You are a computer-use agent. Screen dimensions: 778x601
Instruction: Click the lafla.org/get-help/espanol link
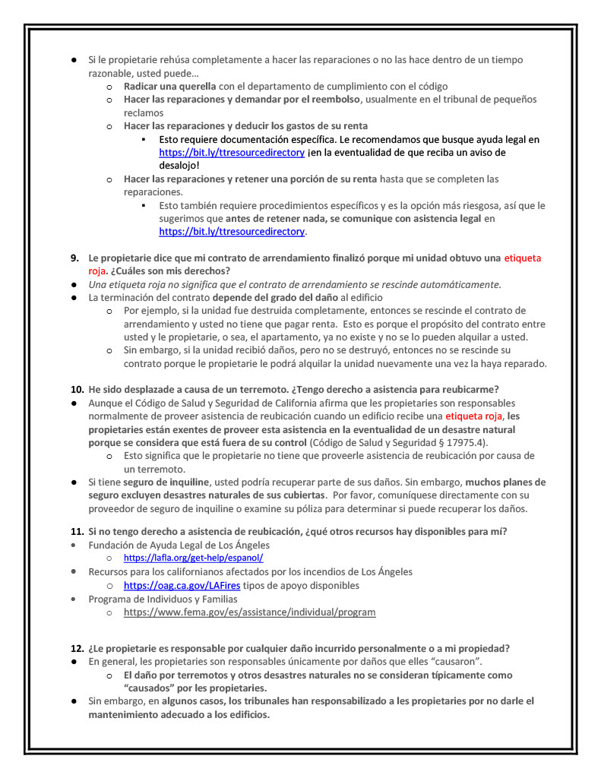click(193, 558)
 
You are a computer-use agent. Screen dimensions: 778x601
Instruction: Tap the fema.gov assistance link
click(249, 612)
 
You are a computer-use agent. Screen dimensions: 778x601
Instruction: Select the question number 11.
click(76, 532)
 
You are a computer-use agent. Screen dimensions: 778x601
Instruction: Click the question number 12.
click(76, 648)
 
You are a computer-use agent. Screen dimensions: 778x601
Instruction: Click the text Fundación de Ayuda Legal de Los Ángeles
click(179, 545)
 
